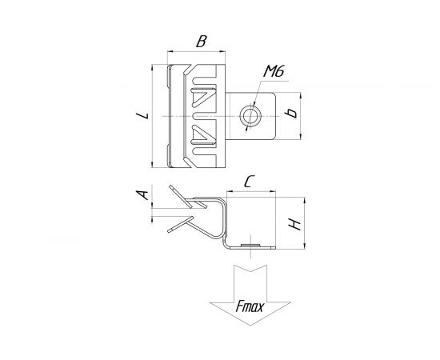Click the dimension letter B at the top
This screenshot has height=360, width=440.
click(202, 42)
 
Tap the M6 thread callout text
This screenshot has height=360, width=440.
click(274, 70)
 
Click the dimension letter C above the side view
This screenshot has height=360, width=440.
click(249, 182)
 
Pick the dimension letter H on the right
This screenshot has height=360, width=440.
click(295, 224)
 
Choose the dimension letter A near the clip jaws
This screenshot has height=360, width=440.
click(142, 194)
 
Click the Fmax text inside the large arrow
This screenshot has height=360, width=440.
click(250, 306)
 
